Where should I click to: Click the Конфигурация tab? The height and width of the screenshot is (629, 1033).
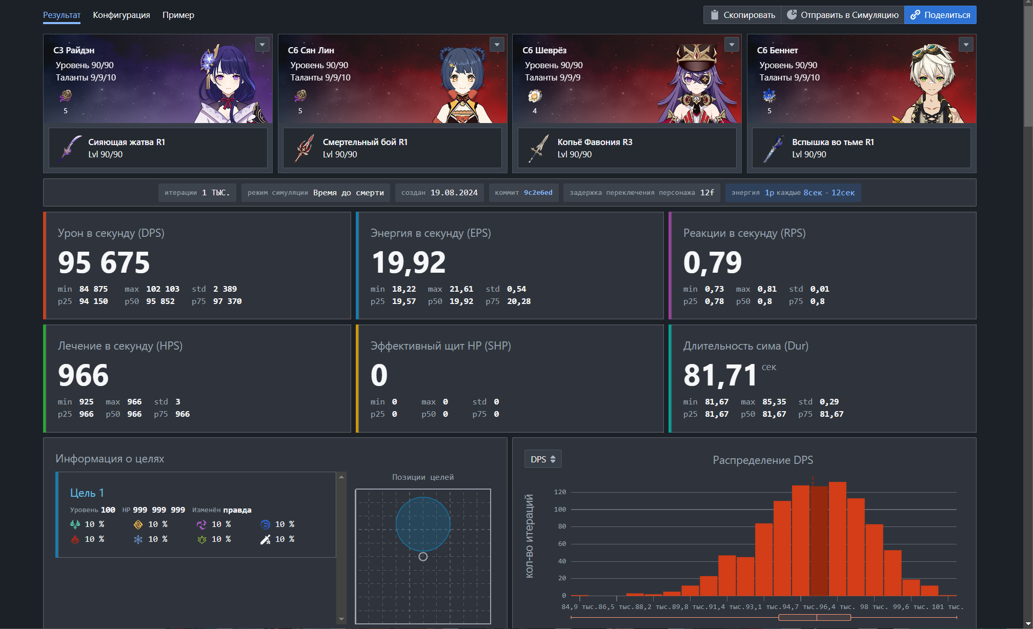point(121,15)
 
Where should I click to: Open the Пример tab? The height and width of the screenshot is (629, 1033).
point(178,15)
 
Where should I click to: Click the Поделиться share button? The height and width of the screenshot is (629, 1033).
point(940,15)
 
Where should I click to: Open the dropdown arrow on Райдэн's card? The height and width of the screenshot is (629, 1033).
point(262,45)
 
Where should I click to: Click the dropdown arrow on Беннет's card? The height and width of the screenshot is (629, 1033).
point(966,45)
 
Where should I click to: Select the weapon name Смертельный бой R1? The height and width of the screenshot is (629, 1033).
point(365,142)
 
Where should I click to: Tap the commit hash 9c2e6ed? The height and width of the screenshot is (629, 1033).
point(538,193)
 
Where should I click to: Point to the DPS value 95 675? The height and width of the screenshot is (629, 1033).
point(104,262)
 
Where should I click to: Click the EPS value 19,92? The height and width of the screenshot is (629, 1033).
point(408,262)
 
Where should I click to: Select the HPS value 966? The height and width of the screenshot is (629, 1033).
point(83,375)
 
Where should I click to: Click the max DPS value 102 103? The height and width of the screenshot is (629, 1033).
point(163,289)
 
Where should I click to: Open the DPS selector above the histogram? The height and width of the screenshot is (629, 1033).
point(543,459)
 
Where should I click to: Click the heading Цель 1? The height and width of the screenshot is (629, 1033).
point(87,493)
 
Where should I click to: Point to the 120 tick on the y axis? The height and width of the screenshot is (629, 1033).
point(560,492)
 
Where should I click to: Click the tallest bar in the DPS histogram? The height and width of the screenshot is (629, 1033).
point(837,538)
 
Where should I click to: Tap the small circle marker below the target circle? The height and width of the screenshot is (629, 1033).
point(423,557)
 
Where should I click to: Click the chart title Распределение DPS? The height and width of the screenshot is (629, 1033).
point(762,460)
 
